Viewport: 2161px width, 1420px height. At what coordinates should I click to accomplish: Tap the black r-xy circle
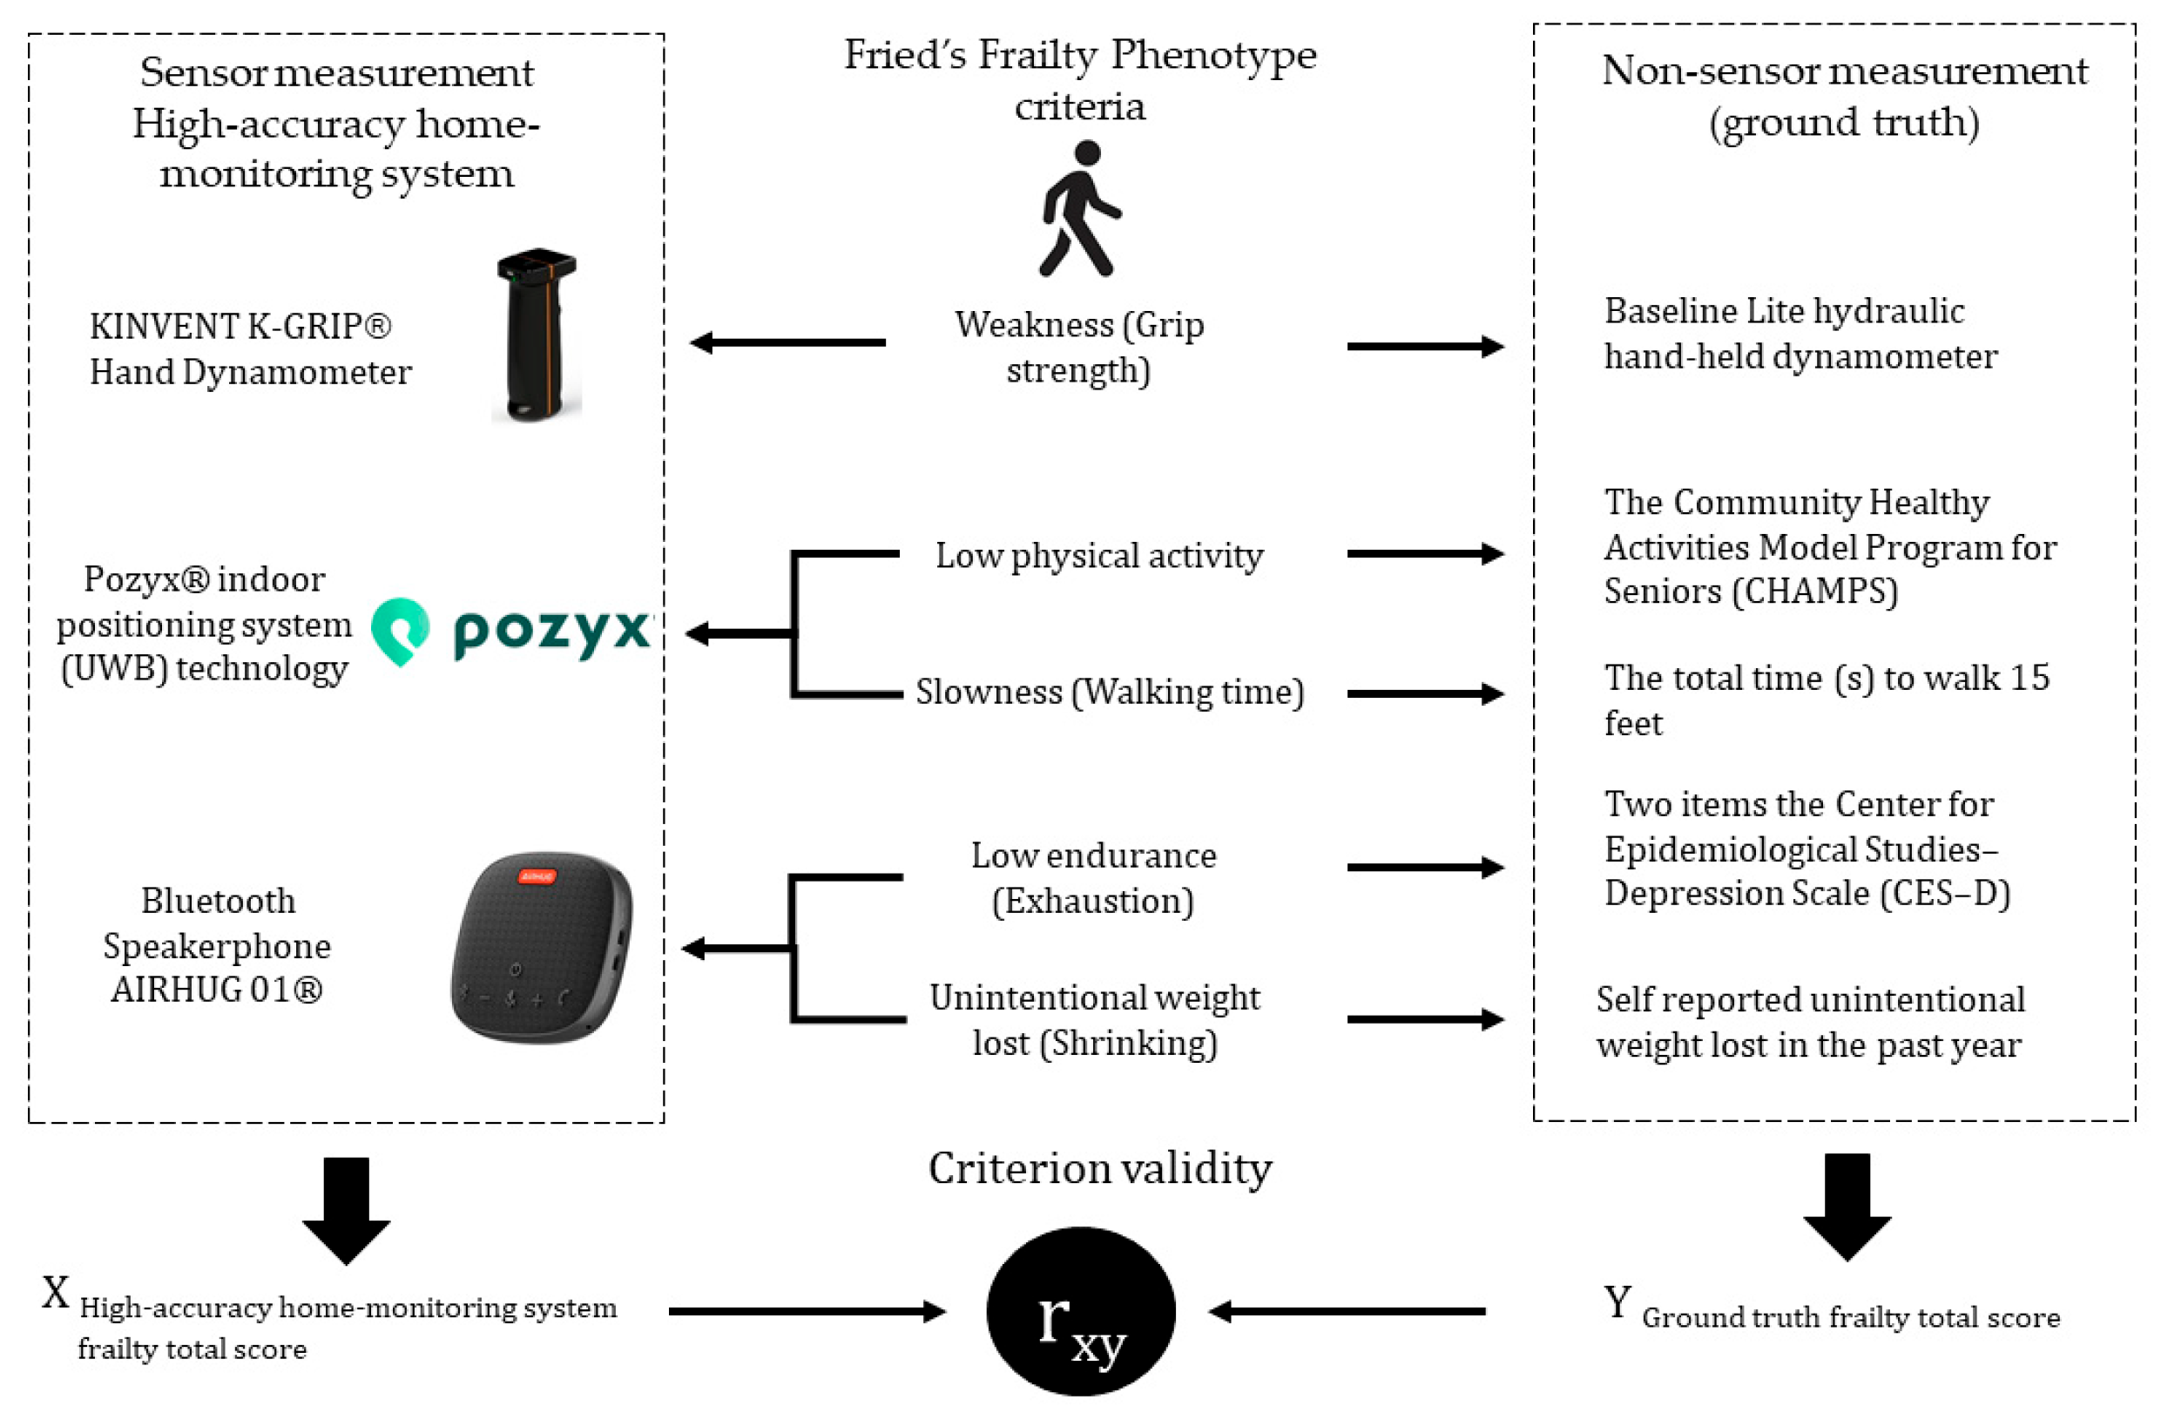[x=1080, y=1311]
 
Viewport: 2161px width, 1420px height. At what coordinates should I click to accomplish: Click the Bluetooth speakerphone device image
[x=542, y=947]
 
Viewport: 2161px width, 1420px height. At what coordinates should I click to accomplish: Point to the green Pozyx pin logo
[x=401, y=630]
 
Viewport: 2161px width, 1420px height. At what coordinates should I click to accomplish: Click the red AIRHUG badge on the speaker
[x=537, y=876]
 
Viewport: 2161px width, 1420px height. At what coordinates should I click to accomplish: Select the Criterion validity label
[x=1099, y=1168]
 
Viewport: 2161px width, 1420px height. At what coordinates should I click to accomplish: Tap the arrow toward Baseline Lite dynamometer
[x=1426, y=346]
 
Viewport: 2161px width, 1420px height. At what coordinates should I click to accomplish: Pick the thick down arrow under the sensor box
[x=346, y=1209]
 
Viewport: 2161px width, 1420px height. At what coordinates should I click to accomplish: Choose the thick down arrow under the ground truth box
[x=1847, y=1207]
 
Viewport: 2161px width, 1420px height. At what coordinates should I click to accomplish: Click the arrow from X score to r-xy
[x=807, y=1311]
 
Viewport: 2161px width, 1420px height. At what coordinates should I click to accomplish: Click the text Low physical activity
[x=1098, y=556]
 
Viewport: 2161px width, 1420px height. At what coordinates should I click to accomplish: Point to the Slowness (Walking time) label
[x=1109, y=692]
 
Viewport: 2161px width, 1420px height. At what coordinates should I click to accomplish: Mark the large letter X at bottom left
[x=56, y=1293]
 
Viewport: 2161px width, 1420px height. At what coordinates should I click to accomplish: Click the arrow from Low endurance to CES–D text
[x=1426, y=867]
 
